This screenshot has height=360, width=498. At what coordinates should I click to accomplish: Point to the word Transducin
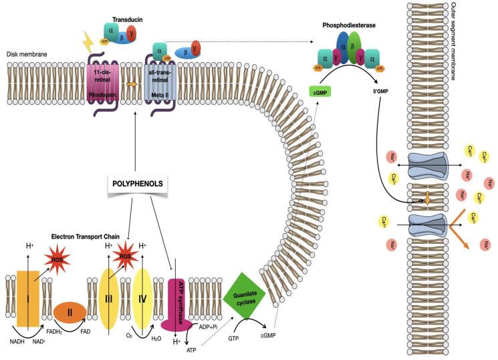coord(118,11)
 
